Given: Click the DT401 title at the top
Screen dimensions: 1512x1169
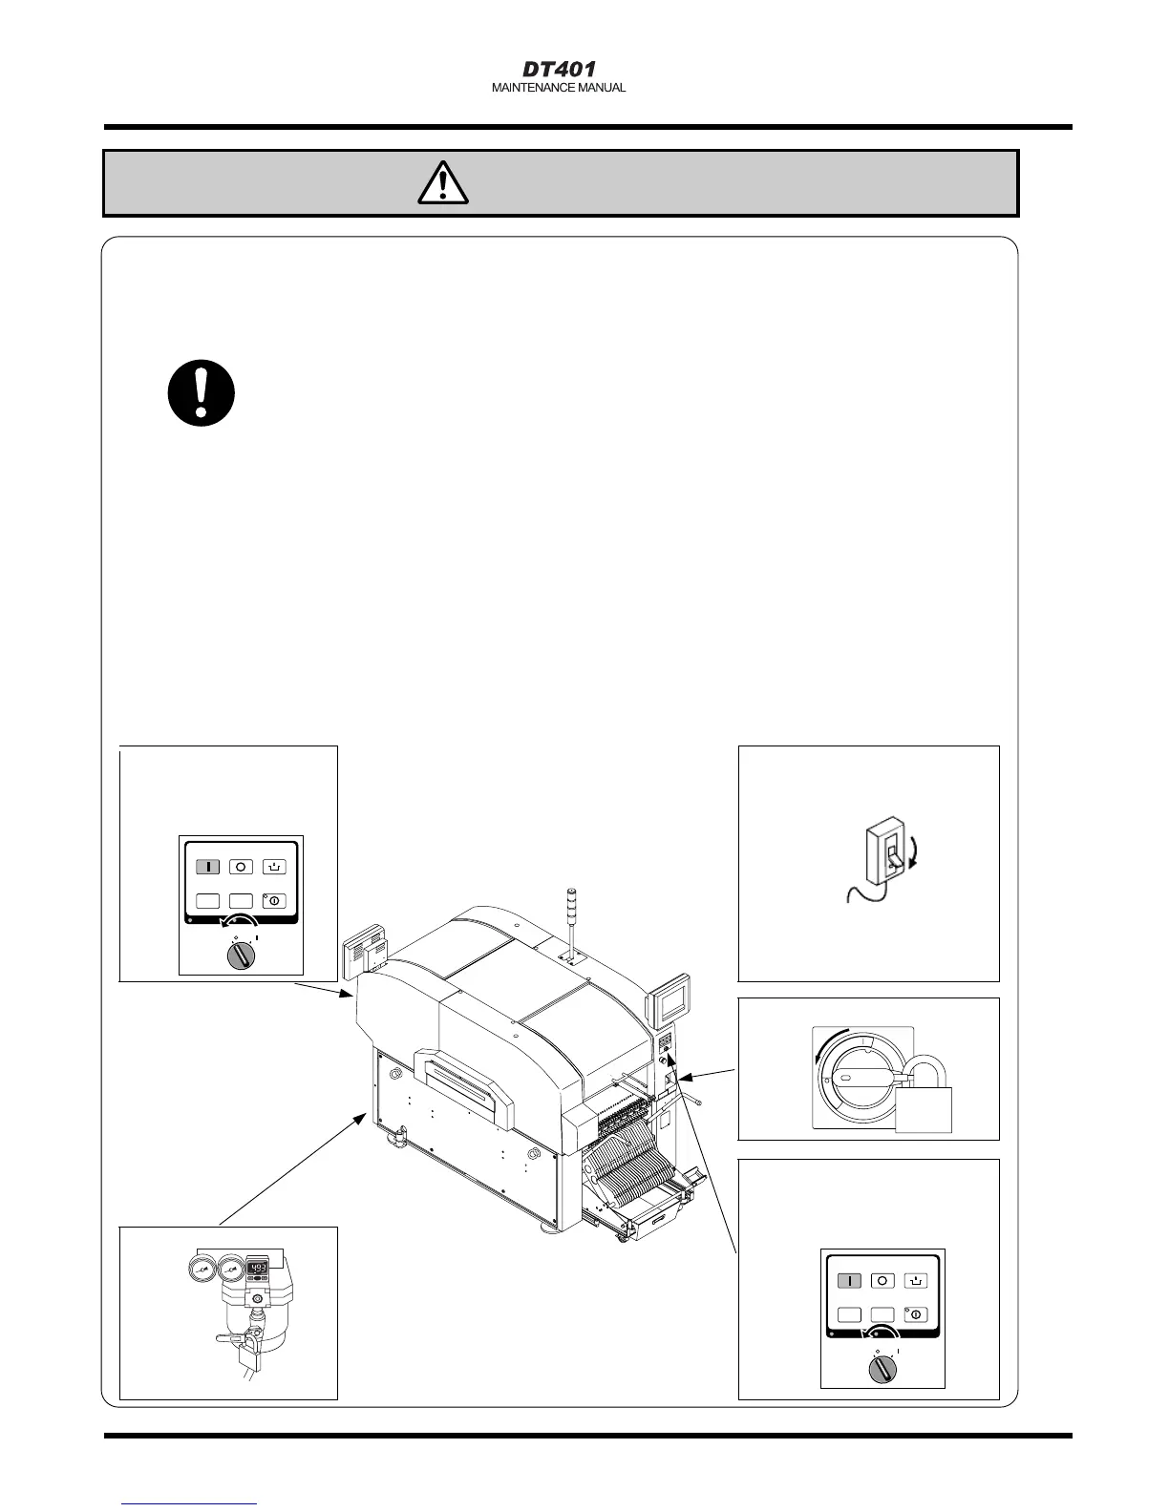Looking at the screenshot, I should [559, 70].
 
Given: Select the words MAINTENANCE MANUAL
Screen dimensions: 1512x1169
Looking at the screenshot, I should [559, 88].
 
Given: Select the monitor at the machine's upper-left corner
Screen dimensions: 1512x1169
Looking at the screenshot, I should [364, 949].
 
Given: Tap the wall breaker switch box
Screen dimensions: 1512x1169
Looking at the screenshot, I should [880, 856].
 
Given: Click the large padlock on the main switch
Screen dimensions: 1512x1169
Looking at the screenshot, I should [924, 1103].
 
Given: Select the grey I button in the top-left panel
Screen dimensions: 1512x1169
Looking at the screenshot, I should [209, 867].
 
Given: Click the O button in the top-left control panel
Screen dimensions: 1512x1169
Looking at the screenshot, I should [242, 867].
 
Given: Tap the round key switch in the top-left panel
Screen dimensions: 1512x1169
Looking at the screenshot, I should [241, 956].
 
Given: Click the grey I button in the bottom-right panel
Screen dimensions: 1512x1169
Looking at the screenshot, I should [850, 1281].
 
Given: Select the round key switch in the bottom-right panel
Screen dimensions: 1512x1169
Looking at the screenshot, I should [882, 1369].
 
